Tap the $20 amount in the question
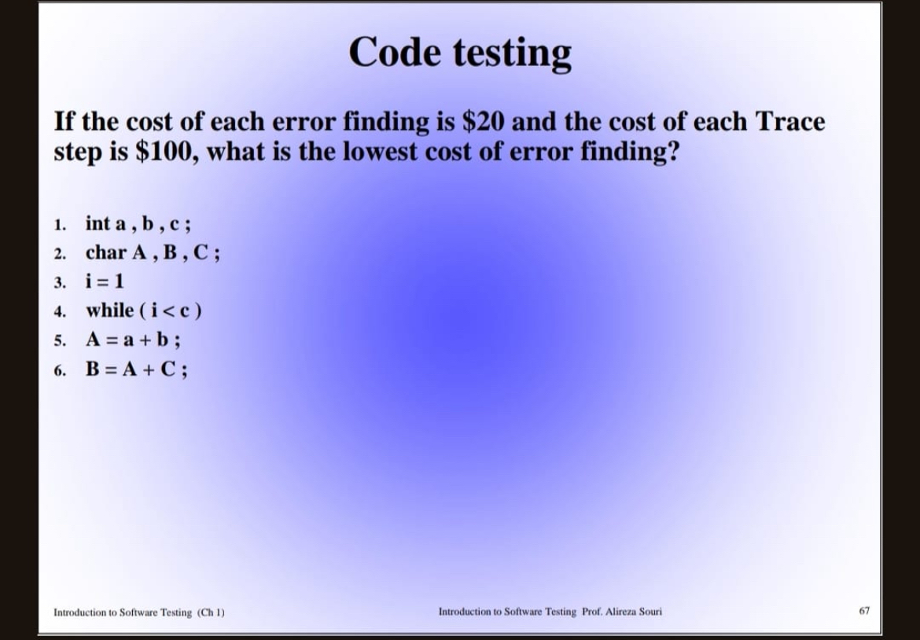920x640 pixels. pos(481,122)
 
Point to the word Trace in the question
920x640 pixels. pos(789,122)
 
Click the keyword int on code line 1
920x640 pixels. pos(98,223)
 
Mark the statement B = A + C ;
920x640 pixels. pos(137,369)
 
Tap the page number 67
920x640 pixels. pos(864,610)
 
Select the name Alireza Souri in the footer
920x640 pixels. pos(635,611)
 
